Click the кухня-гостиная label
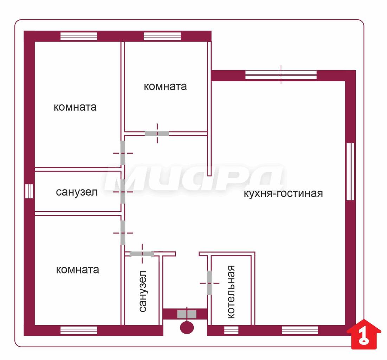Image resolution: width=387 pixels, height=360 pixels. point(283,193)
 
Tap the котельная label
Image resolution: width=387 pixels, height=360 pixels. point(231,292)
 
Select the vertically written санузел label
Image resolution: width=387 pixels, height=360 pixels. point(143,291)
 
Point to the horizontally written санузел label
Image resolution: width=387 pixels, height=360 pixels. point(77,192)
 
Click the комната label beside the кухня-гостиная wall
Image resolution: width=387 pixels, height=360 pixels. point(165,86)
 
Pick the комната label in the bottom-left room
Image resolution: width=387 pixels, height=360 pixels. point(77,270)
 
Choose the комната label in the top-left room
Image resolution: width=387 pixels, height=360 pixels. point(75,107)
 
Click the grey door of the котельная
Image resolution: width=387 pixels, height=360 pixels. point(209,283)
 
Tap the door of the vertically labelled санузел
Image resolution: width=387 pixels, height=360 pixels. point(142,254)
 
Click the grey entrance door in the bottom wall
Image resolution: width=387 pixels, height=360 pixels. point(187,314)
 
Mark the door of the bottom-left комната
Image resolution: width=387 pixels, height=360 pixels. point(123,233)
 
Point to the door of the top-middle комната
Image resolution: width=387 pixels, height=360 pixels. point(157,134)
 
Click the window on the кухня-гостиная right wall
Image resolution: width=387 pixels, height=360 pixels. point(350,172)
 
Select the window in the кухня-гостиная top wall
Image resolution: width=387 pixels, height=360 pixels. point(281,75)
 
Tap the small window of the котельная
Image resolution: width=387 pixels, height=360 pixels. point(231,330)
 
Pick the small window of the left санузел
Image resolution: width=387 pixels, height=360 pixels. point(29,191)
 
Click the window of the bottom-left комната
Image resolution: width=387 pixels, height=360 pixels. point(79,330)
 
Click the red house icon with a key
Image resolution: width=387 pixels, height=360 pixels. point(364,334)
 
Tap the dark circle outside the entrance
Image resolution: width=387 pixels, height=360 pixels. point(187,327)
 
